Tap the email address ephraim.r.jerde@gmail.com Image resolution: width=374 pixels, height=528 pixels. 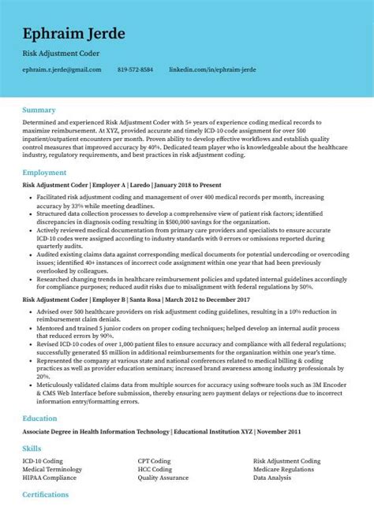point(62,70)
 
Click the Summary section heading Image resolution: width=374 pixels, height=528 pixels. point(39,110)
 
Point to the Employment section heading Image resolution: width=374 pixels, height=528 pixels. point(44,172)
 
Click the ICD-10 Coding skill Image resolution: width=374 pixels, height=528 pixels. point(43,460)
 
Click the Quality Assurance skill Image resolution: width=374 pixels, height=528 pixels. point(162,476)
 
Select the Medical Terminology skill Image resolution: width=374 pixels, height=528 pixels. point(53,468)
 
